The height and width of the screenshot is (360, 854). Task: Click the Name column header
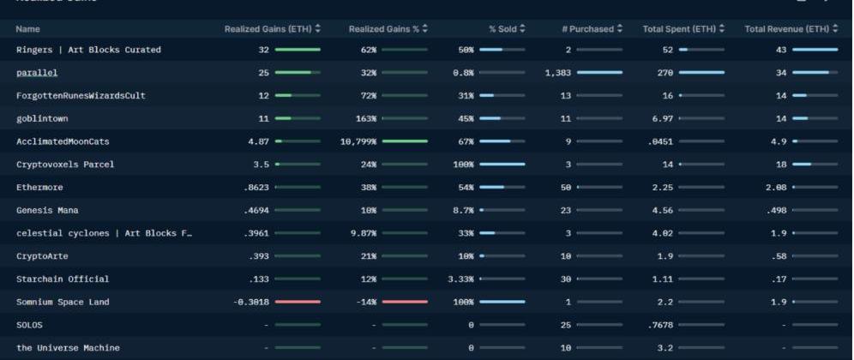click(27, 29)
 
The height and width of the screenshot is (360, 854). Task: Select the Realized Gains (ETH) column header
click(268, 29)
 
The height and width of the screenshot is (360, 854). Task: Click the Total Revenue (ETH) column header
click(786, 29)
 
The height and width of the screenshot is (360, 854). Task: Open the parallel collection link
click(37, 73)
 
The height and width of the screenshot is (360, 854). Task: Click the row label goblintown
click(42, 118)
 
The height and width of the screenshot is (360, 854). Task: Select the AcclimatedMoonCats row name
click(63, 141)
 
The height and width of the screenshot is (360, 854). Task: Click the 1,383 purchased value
click(557, 73)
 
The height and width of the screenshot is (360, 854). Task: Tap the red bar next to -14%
click(405, 302)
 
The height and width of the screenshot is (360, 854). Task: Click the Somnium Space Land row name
click(63, 302)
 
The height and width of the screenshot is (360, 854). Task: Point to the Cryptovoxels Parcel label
click(65, 165)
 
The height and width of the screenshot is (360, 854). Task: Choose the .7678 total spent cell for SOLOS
click(660, 325)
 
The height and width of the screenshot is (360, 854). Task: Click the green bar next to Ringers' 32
click(298, 50)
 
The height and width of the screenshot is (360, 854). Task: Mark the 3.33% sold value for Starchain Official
click(460, 279)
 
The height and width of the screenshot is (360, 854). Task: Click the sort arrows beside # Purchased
click(620, 29)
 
